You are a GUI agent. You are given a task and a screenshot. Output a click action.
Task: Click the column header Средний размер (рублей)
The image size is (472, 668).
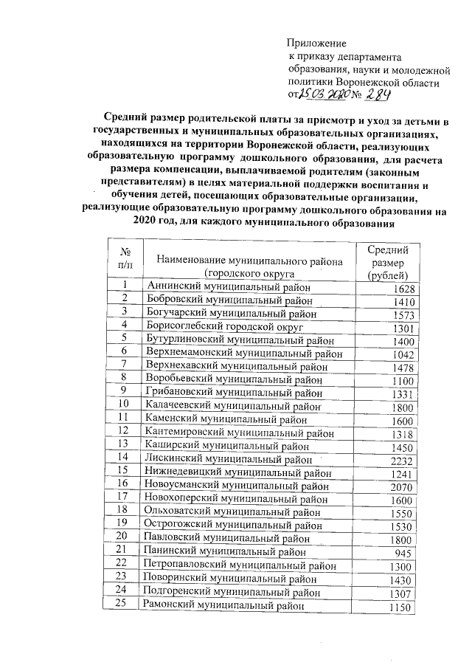coord(388,263)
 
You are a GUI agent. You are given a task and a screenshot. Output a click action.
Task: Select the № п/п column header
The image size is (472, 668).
coord(125,263)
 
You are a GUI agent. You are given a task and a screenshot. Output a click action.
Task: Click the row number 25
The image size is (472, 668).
coord(125,605)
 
